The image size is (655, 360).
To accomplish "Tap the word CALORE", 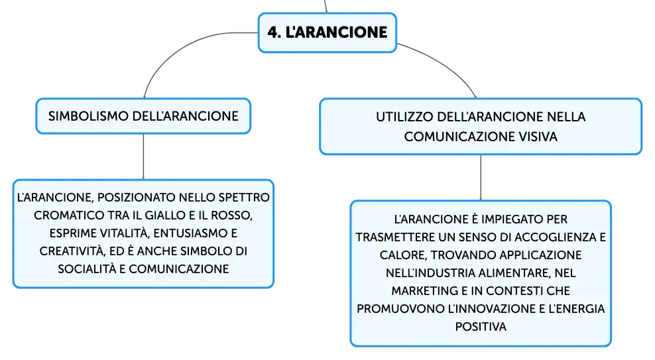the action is tap(402, 255).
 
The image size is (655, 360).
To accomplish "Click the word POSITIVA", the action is tap(481, 327).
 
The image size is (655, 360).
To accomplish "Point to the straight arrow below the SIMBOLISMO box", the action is tap(143, 156).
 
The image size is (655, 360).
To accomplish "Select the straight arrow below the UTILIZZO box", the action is tap(481, 178).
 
